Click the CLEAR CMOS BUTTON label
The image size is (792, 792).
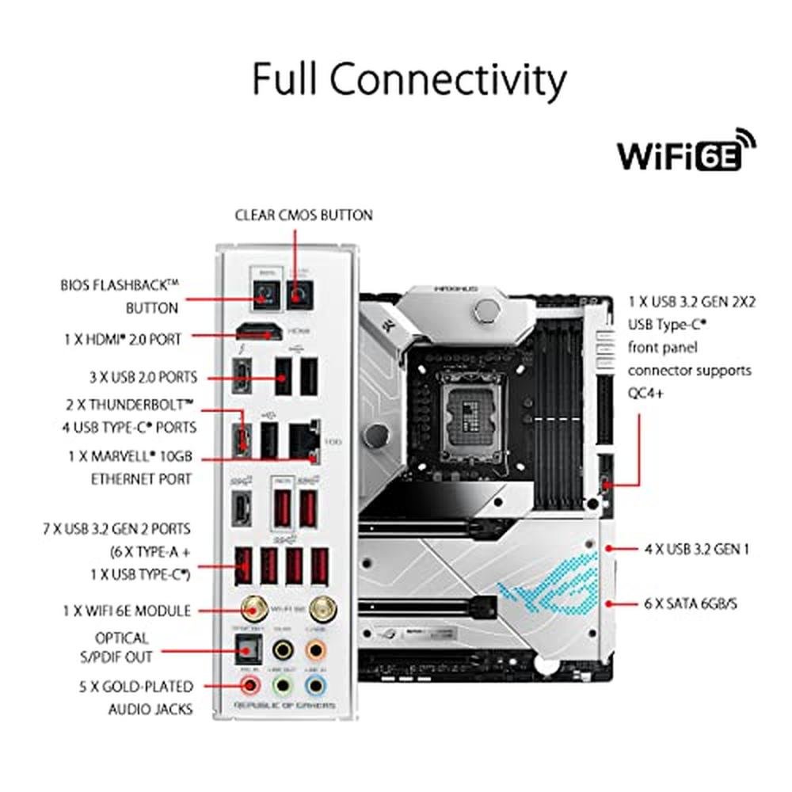click(x=303, y=215)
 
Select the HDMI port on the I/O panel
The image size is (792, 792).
click(x=258, y=333)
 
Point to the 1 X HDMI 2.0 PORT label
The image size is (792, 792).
click(x=123, y=339)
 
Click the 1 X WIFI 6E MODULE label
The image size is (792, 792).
click(x=127, y=611)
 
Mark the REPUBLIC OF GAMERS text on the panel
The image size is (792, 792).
click(x=284, y=705)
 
